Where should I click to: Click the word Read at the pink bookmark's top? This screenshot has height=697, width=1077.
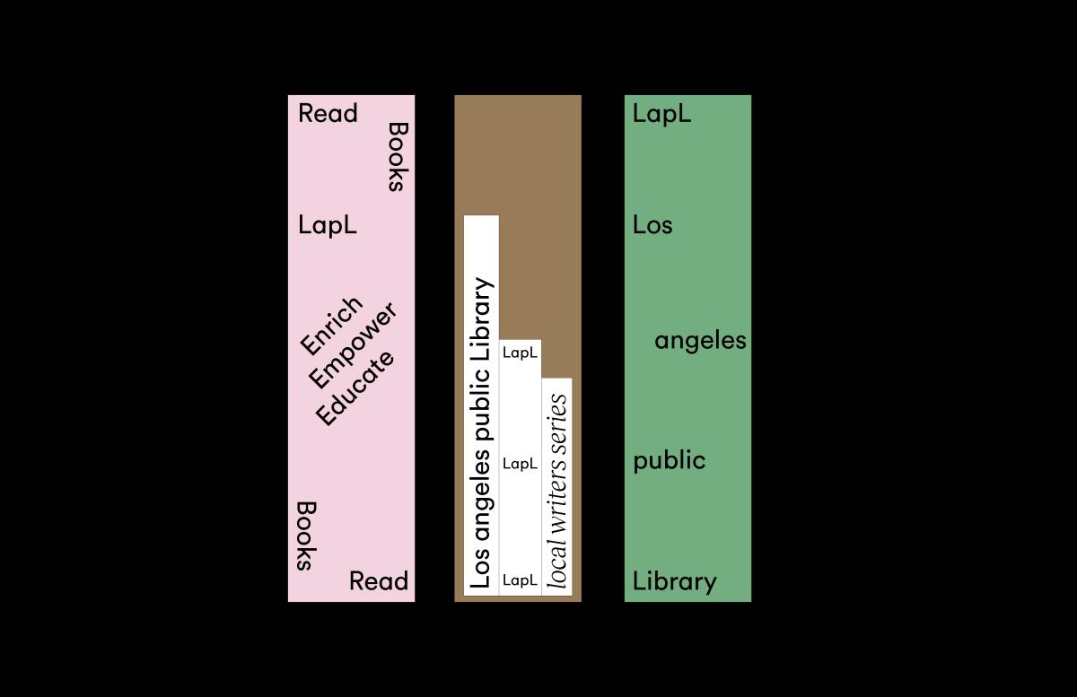pos(328,113)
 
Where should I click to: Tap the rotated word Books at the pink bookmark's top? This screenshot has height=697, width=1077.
pos(398,157)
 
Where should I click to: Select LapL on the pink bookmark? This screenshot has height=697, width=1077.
pos(328,225)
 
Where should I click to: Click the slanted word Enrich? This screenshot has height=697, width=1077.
pos(331,326)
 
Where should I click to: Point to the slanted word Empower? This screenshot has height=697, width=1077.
pos(354,344)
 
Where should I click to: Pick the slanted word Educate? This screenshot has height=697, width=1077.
pos(355,388)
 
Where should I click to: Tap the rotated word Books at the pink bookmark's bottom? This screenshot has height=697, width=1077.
pos(306,536)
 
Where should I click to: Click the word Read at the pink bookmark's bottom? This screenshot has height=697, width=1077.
pos(379,580)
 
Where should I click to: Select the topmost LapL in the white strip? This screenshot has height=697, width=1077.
pos(520,353)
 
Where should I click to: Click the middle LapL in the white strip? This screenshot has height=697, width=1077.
pos(520,464)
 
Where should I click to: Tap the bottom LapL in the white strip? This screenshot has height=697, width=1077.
pos(520,580)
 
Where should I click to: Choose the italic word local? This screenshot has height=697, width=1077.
pos(557,564)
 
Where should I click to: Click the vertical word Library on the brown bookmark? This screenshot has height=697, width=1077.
pos(482,319)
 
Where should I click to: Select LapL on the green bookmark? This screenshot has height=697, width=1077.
pos(662,115)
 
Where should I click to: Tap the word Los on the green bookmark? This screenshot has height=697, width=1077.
pos(652,225)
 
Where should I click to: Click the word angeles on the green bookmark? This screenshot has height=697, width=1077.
pos(701,342)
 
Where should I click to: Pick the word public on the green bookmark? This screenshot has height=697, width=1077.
pos(670,460)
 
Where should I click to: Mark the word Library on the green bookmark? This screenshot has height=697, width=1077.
pos(675,581)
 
